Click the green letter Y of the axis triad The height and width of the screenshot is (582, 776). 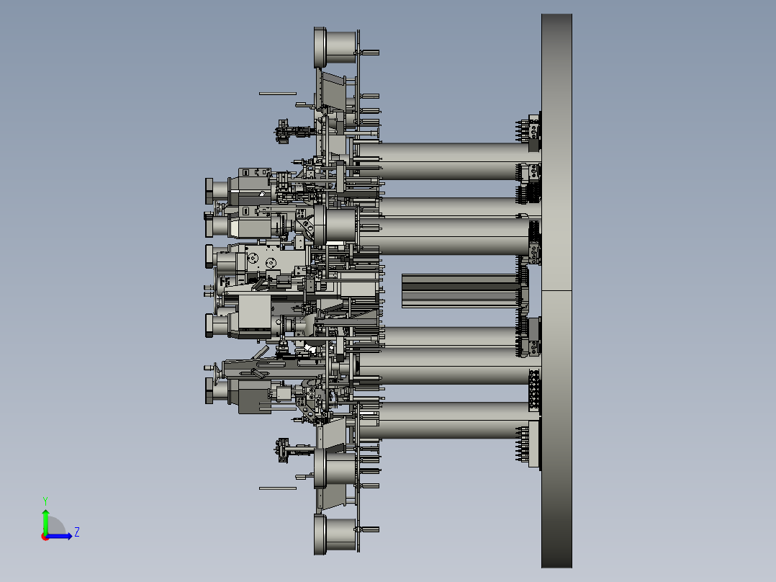click(x=45, y=501)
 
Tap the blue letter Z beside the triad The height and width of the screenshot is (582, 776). click(x=77, y=532)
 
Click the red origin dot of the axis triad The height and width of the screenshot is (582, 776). click(x=45, y=537)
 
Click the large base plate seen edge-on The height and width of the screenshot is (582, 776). click(x=556, y=291)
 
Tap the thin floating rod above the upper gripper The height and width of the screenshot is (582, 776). click(x=278, y=93)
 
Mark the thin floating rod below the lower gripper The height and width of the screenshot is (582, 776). click(x=278, y=488)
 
